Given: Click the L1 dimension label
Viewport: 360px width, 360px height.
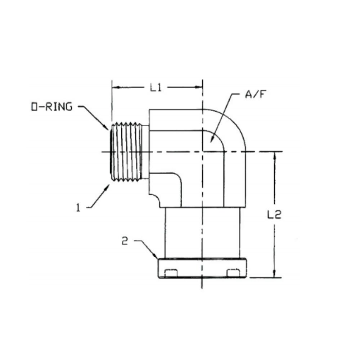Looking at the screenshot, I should pyautogui.click(x=156, y=88).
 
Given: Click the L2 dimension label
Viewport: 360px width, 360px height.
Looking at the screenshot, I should pyautogui.click(x=274, y=215).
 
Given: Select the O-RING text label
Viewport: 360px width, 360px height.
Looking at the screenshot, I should pyautogui.click(x=51, y=107).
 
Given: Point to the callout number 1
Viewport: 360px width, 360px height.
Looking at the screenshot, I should pyautogui.click(x=77, y=207).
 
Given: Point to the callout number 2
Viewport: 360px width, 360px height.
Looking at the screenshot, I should pyautogui.click(x=125, y=242).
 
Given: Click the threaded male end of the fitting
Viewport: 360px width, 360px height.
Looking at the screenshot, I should pyautogui.click(x=127, y=152).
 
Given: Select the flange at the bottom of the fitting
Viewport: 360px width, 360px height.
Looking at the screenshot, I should pyautogui.click(x=202, y=268).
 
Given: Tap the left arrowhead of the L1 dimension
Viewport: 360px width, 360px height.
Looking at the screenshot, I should pyautogui.click(x=114, y=87).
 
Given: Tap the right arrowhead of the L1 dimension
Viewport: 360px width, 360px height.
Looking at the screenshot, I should pyautogui.click(x=200, y=87).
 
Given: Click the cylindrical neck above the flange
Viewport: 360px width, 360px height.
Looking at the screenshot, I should pyautogui.click(x=202, y=232).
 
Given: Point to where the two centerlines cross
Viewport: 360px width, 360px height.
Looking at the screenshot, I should pyautogui.click(x=202, y=152).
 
